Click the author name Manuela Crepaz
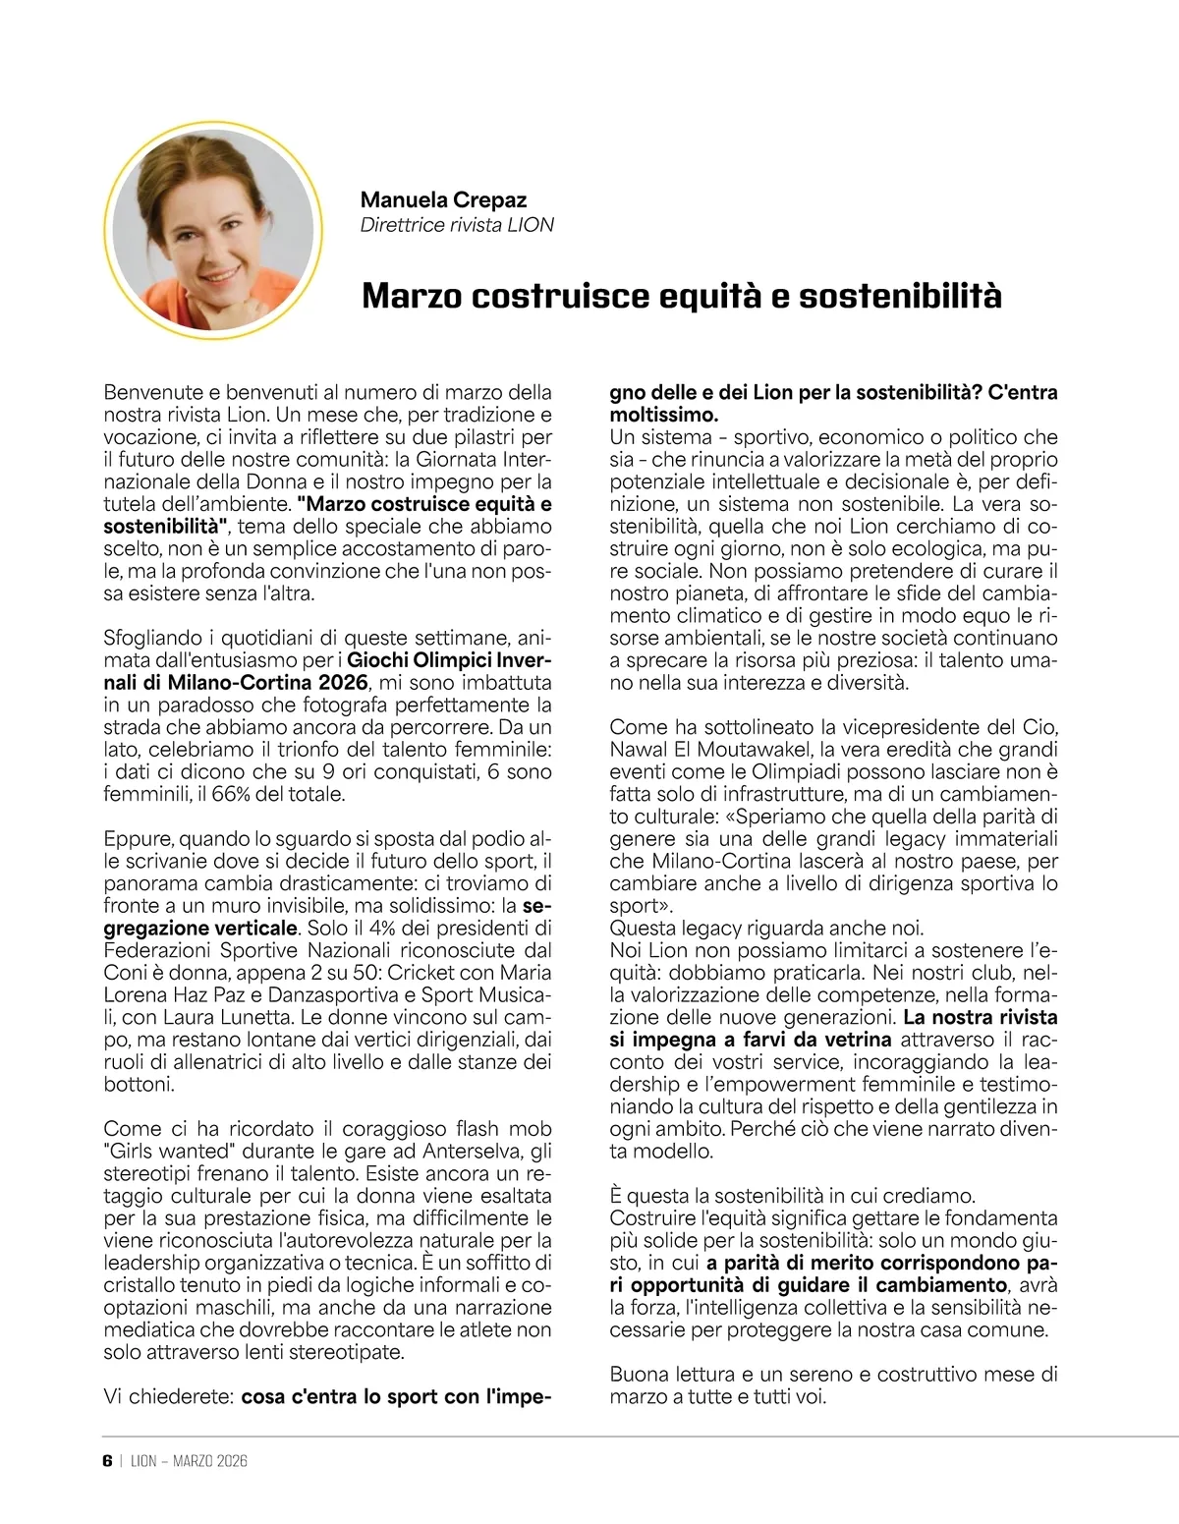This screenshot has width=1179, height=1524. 443,199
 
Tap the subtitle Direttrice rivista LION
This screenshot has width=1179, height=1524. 457,225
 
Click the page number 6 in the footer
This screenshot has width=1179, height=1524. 107,1460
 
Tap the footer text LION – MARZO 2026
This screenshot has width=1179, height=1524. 189,1460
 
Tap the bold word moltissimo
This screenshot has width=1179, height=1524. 663,415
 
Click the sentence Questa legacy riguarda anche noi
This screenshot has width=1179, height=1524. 766,928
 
